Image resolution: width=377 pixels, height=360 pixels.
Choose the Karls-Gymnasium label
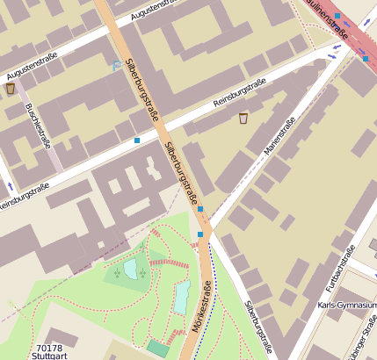(x=346, y=306)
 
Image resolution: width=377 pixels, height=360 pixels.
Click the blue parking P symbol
(x=118, y=65)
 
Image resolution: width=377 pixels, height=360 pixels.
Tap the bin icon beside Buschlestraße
(x=11, y=88)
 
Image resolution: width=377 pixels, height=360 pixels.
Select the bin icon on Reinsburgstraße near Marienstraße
(x=243, y=119)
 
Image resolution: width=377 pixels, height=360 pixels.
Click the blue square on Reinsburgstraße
(x=137, y=140)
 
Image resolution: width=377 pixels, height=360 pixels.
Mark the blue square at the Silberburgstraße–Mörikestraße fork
(x=200, y=234)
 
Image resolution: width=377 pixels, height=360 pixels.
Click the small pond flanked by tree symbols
(x=130, y=269)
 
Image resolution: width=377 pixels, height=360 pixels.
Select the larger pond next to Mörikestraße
(x=182, y=298)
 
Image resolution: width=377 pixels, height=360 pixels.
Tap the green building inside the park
(x=158, y=348)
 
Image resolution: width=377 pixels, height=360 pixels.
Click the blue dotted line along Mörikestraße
(x=213, y=307)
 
